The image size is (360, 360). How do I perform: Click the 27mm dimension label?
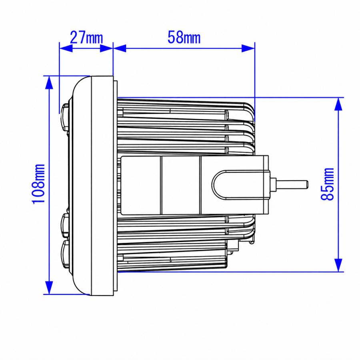86,37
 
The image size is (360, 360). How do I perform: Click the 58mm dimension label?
184,37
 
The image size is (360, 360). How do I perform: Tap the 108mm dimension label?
38,184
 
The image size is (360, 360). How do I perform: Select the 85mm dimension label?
327,184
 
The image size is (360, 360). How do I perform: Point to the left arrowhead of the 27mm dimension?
66,48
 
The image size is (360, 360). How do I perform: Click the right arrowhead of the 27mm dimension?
106,48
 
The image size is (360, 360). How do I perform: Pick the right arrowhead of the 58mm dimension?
248,48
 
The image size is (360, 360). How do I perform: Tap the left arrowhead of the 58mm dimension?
120,48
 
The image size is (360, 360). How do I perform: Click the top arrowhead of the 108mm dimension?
49,82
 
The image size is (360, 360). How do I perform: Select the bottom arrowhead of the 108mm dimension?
49,288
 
